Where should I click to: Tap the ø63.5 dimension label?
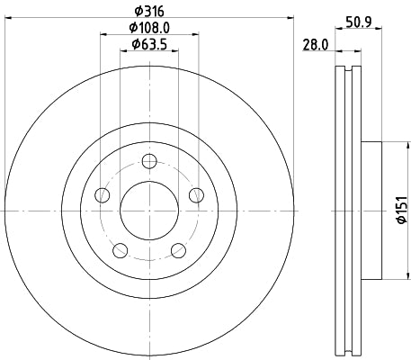coord(150,44)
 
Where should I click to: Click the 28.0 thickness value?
coord(314,44)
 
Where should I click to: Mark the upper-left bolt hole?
coord(103,194)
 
